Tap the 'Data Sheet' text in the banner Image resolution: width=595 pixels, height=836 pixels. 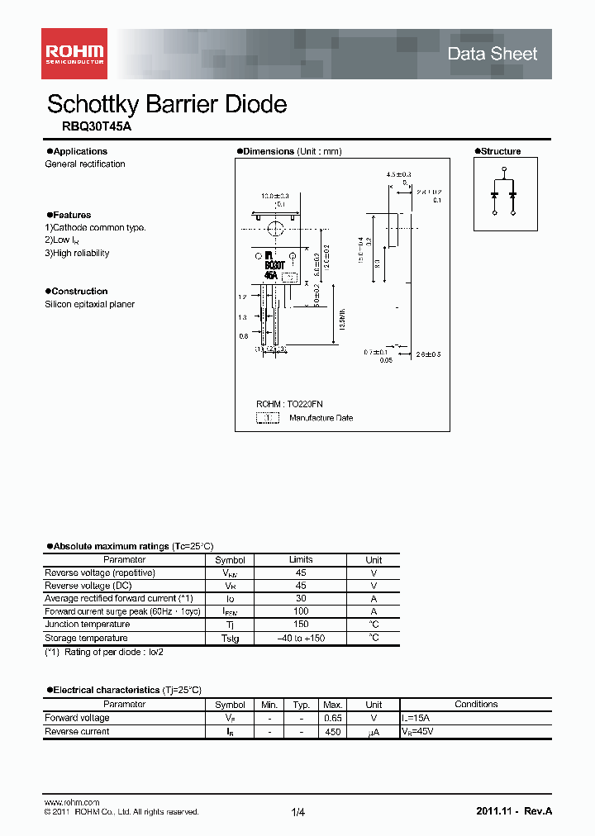coord(492,54)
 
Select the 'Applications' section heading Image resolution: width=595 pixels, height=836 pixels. coord(79,151)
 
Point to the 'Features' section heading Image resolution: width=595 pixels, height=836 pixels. coord(70,215)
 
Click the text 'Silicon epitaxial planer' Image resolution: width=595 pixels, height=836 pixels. coord(89,304)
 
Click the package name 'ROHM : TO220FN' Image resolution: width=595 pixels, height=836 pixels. coord(289,404)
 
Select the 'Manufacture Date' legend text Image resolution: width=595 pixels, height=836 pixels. coord(321,418)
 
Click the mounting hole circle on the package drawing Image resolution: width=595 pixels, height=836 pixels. coord(276,228)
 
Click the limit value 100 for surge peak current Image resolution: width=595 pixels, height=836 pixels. coord(301,611)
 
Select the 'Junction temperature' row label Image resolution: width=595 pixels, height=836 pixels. coord(87,625)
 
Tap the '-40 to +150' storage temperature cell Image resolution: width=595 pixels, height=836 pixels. coord(301,638)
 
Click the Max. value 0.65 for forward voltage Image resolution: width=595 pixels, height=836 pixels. coord(332,718)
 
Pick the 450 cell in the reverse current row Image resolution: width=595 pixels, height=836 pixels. coord(332,731)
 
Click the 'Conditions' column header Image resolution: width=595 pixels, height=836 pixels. coord(476,705)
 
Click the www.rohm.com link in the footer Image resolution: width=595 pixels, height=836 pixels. coord(71,802)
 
